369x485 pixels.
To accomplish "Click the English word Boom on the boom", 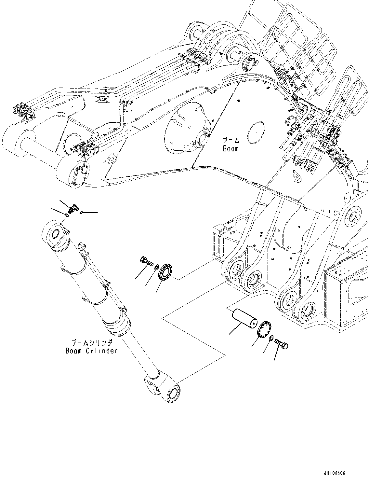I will [231, 149].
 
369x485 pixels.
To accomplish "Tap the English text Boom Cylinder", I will [91, 351].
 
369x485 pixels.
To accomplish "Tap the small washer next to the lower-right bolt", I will [270, 338].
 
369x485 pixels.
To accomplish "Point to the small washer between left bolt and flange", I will [156, 267].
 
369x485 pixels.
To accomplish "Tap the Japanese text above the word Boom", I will [231, 141].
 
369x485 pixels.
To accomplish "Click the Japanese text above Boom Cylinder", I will [92, 342].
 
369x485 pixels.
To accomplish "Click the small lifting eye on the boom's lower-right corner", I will [297, 176].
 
